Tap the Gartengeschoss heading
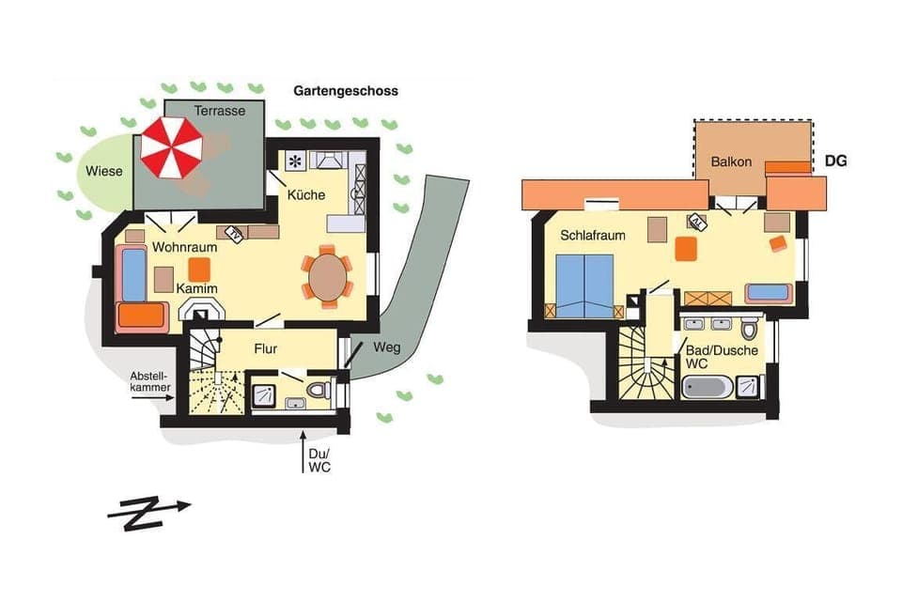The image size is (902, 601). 346,91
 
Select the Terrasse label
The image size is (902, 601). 220,111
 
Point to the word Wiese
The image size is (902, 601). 103,172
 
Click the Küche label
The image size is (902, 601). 307,195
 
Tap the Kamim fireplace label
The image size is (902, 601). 197,288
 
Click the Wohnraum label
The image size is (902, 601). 185,248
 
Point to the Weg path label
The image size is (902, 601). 386,347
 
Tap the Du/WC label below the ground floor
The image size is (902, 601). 318,459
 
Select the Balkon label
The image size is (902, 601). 731,162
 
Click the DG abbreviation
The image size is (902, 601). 835,161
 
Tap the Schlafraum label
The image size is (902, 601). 593,235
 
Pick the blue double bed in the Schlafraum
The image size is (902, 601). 583,284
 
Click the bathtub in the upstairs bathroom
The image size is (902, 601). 708,386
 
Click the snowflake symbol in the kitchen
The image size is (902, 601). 293,160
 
